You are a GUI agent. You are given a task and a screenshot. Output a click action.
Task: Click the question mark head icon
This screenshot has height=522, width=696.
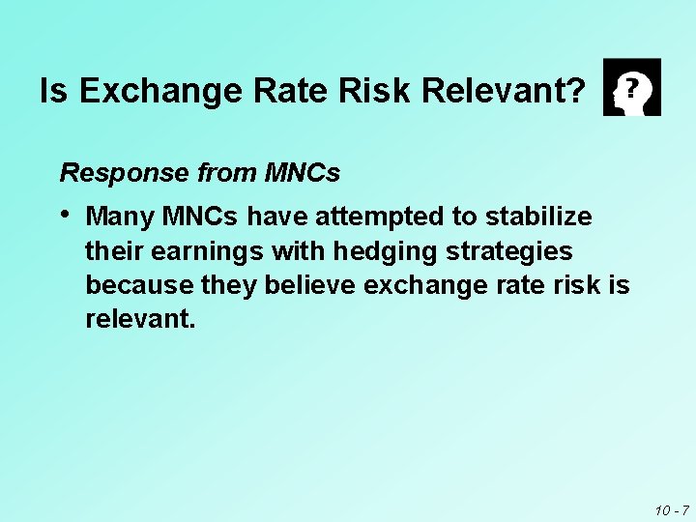[x=632, y=87]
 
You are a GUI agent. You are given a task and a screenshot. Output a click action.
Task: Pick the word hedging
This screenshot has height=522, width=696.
[x=378, y=252]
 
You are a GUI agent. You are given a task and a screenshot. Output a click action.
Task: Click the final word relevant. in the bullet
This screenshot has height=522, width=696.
[x=140, y=319]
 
